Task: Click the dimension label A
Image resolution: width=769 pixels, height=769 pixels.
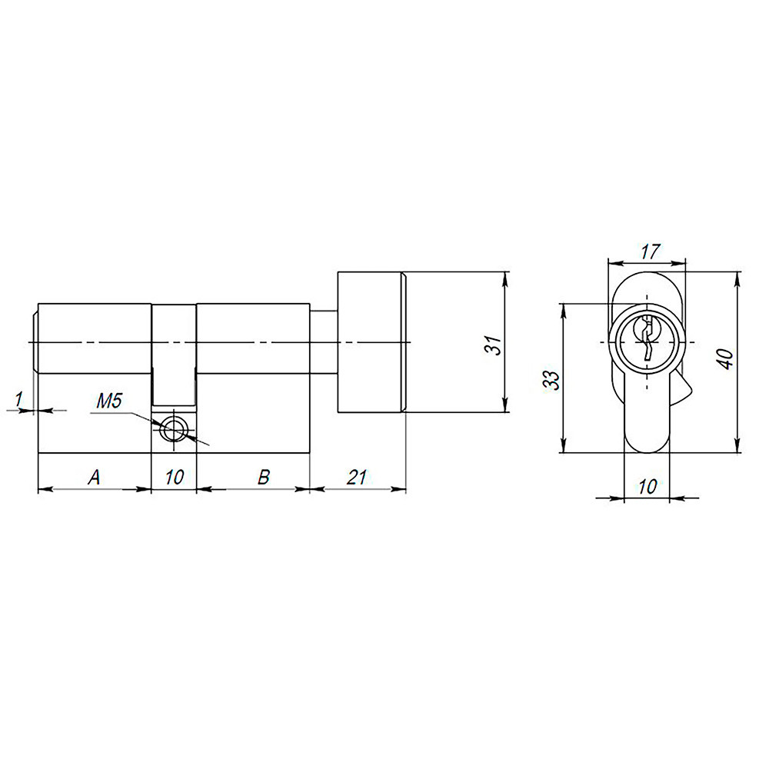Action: tap(94, 478)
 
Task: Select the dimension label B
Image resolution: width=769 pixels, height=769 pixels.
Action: tap(262, 478)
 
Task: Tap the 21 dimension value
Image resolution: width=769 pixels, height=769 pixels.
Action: tap(355, 478)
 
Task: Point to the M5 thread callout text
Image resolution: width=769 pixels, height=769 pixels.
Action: tap(109, 401)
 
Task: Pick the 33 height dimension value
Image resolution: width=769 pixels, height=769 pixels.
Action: tap(551, 379)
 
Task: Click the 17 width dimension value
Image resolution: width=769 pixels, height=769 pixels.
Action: tap(650, 251)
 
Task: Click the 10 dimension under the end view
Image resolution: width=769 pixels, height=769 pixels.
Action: tap(647, 486)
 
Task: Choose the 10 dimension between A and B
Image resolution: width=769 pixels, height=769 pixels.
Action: tap(175, 478)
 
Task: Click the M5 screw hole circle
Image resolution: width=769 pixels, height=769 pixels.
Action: tap(175, 430)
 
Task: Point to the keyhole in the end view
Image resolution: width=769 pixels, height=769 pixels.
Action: tap(647, 339)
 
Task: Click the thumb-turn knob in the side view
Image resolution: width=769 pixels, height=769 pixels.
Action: tap(371, 342)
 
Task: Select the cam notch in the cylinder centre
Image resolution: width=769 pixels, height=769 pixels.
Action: tap(174, 354)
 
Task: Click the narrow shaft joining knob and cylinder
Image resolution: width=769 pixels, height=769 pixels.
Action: tap(323, 342)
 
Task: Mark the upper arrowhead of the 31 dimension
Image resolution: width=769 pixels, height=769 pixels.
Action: tap(505, 278)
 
